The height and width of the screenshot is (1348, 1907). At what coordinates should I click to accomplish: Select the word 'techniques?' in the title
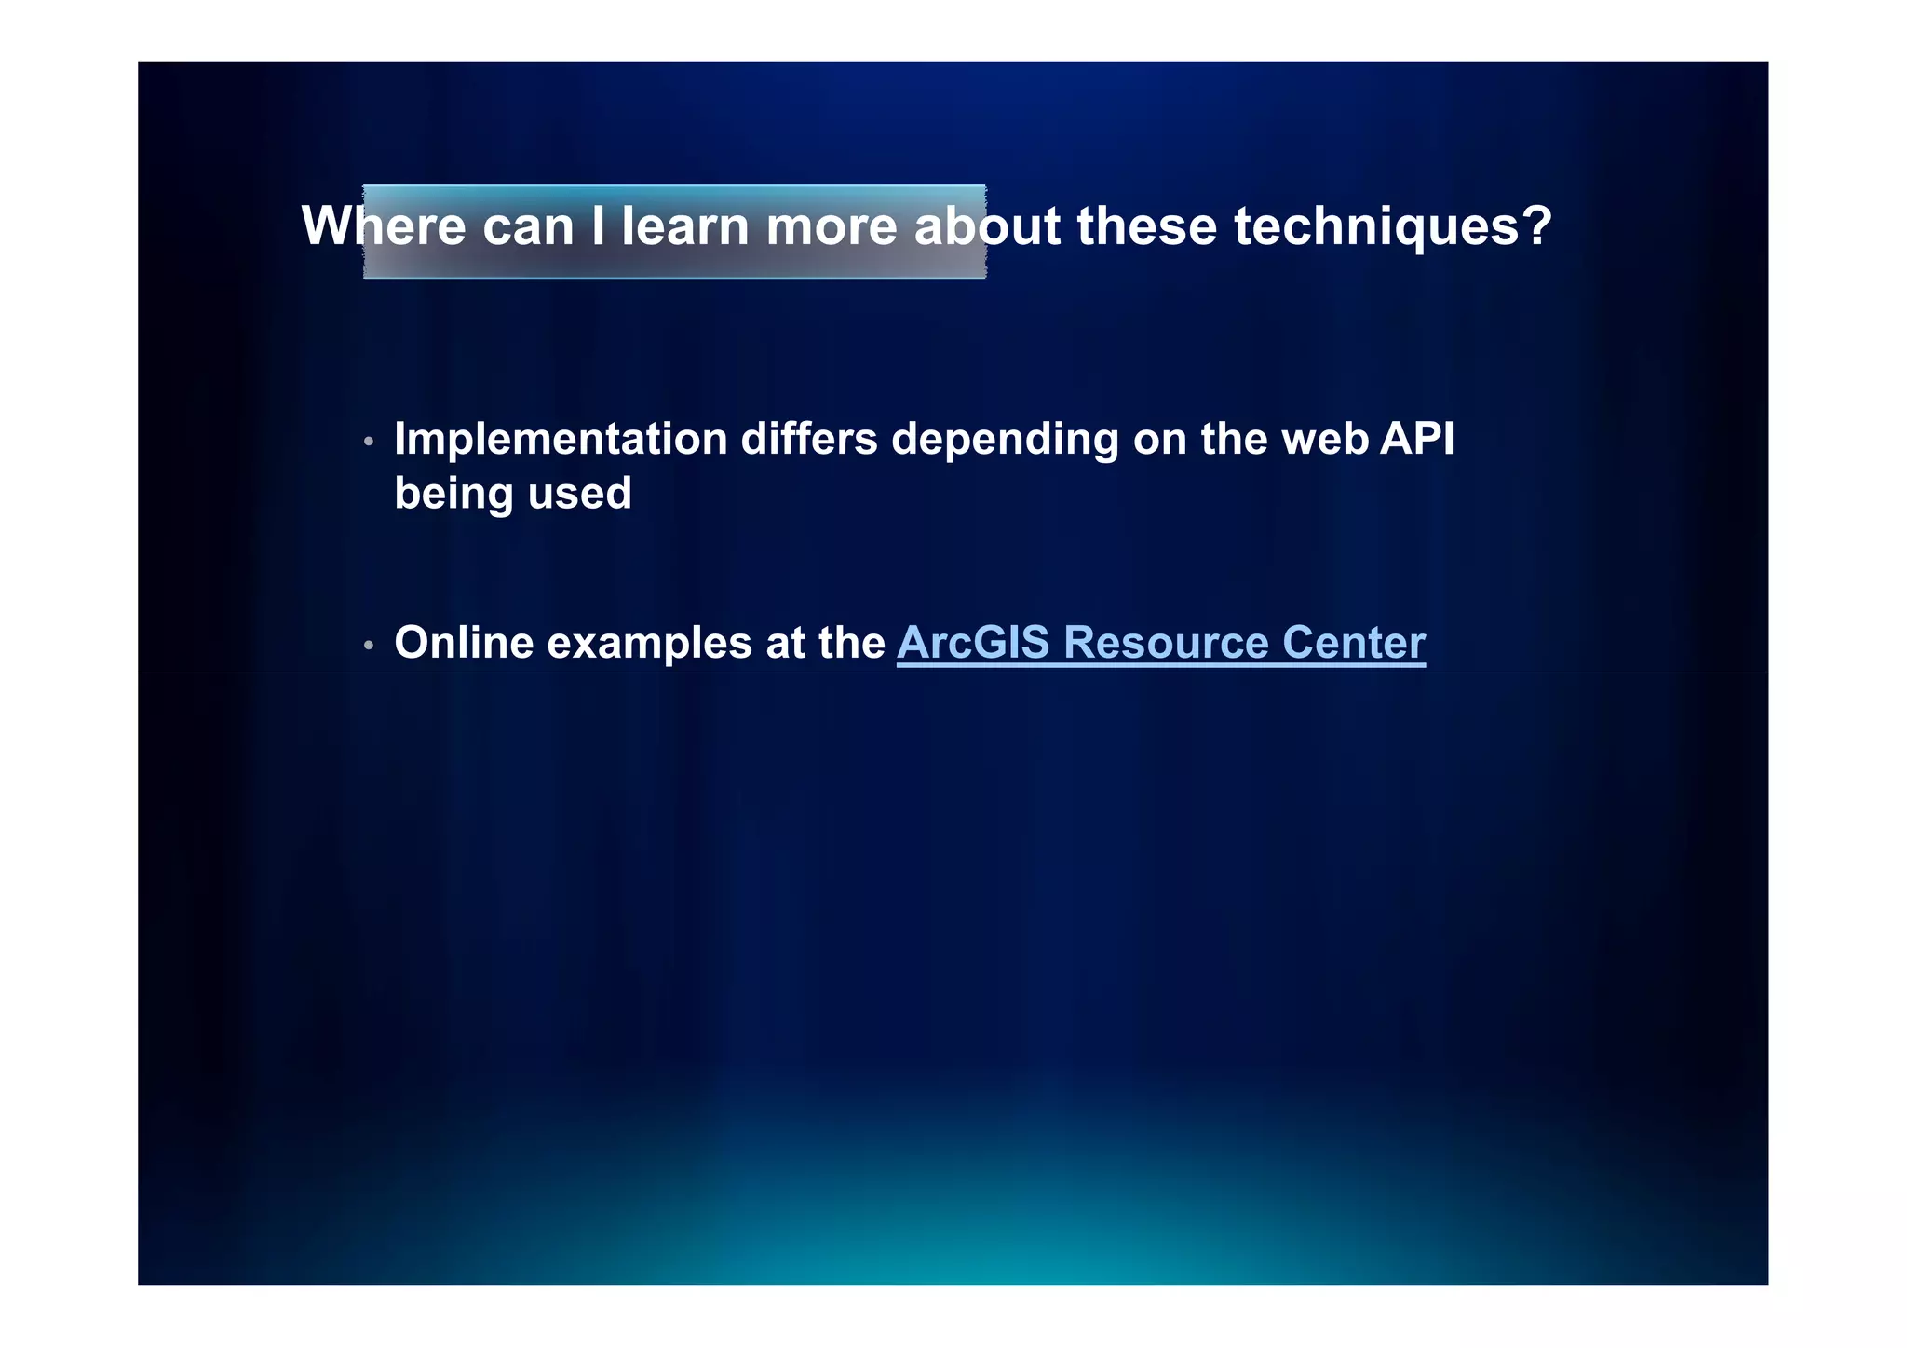(x=1392, y=226)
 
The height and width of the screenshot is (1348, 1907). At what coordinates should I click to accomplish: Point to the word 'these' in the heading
(x=1146, y=226)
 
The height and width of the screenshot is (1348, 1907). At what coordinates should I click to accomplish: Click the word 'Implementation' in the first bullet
(x=561, y=439)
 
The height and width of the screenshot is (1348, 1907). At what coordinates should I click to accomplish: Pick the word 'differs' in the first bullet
(x=808, y=439)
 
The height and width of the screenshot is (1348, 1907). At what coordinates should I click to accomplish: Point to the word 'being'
(x=453, y=495)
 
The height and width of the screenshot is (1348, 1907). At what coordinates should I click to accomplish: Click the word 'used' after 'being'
(x=579, y=493)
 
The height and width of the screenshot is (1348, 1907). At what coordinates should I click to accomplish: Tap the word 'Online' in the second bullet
(x=464, y=643)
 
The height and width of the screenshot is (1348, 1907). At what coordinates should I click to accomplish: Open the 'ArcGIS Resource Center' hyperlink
(x=1160, y=643)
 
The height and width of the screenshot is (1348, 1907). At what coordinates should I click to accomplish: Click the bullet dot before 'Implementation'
(x=369, y=441)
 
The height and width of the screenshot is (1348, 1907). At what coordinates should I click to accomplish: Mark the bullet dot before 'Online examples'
(x=369, y=645)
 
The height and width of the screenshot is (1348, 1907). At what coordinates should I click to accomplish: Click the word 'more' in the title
(x=832, y=226)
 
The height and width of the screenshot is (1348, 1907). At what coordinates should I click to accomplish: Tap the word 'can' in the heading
(x=528, y=226)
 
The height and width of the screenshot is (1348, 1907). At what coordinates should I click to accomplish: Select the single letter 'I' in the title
(x=598, y=226)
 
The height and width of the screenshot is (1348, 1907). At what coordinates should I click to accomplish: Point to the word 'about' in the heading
(x=987, y=226)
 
